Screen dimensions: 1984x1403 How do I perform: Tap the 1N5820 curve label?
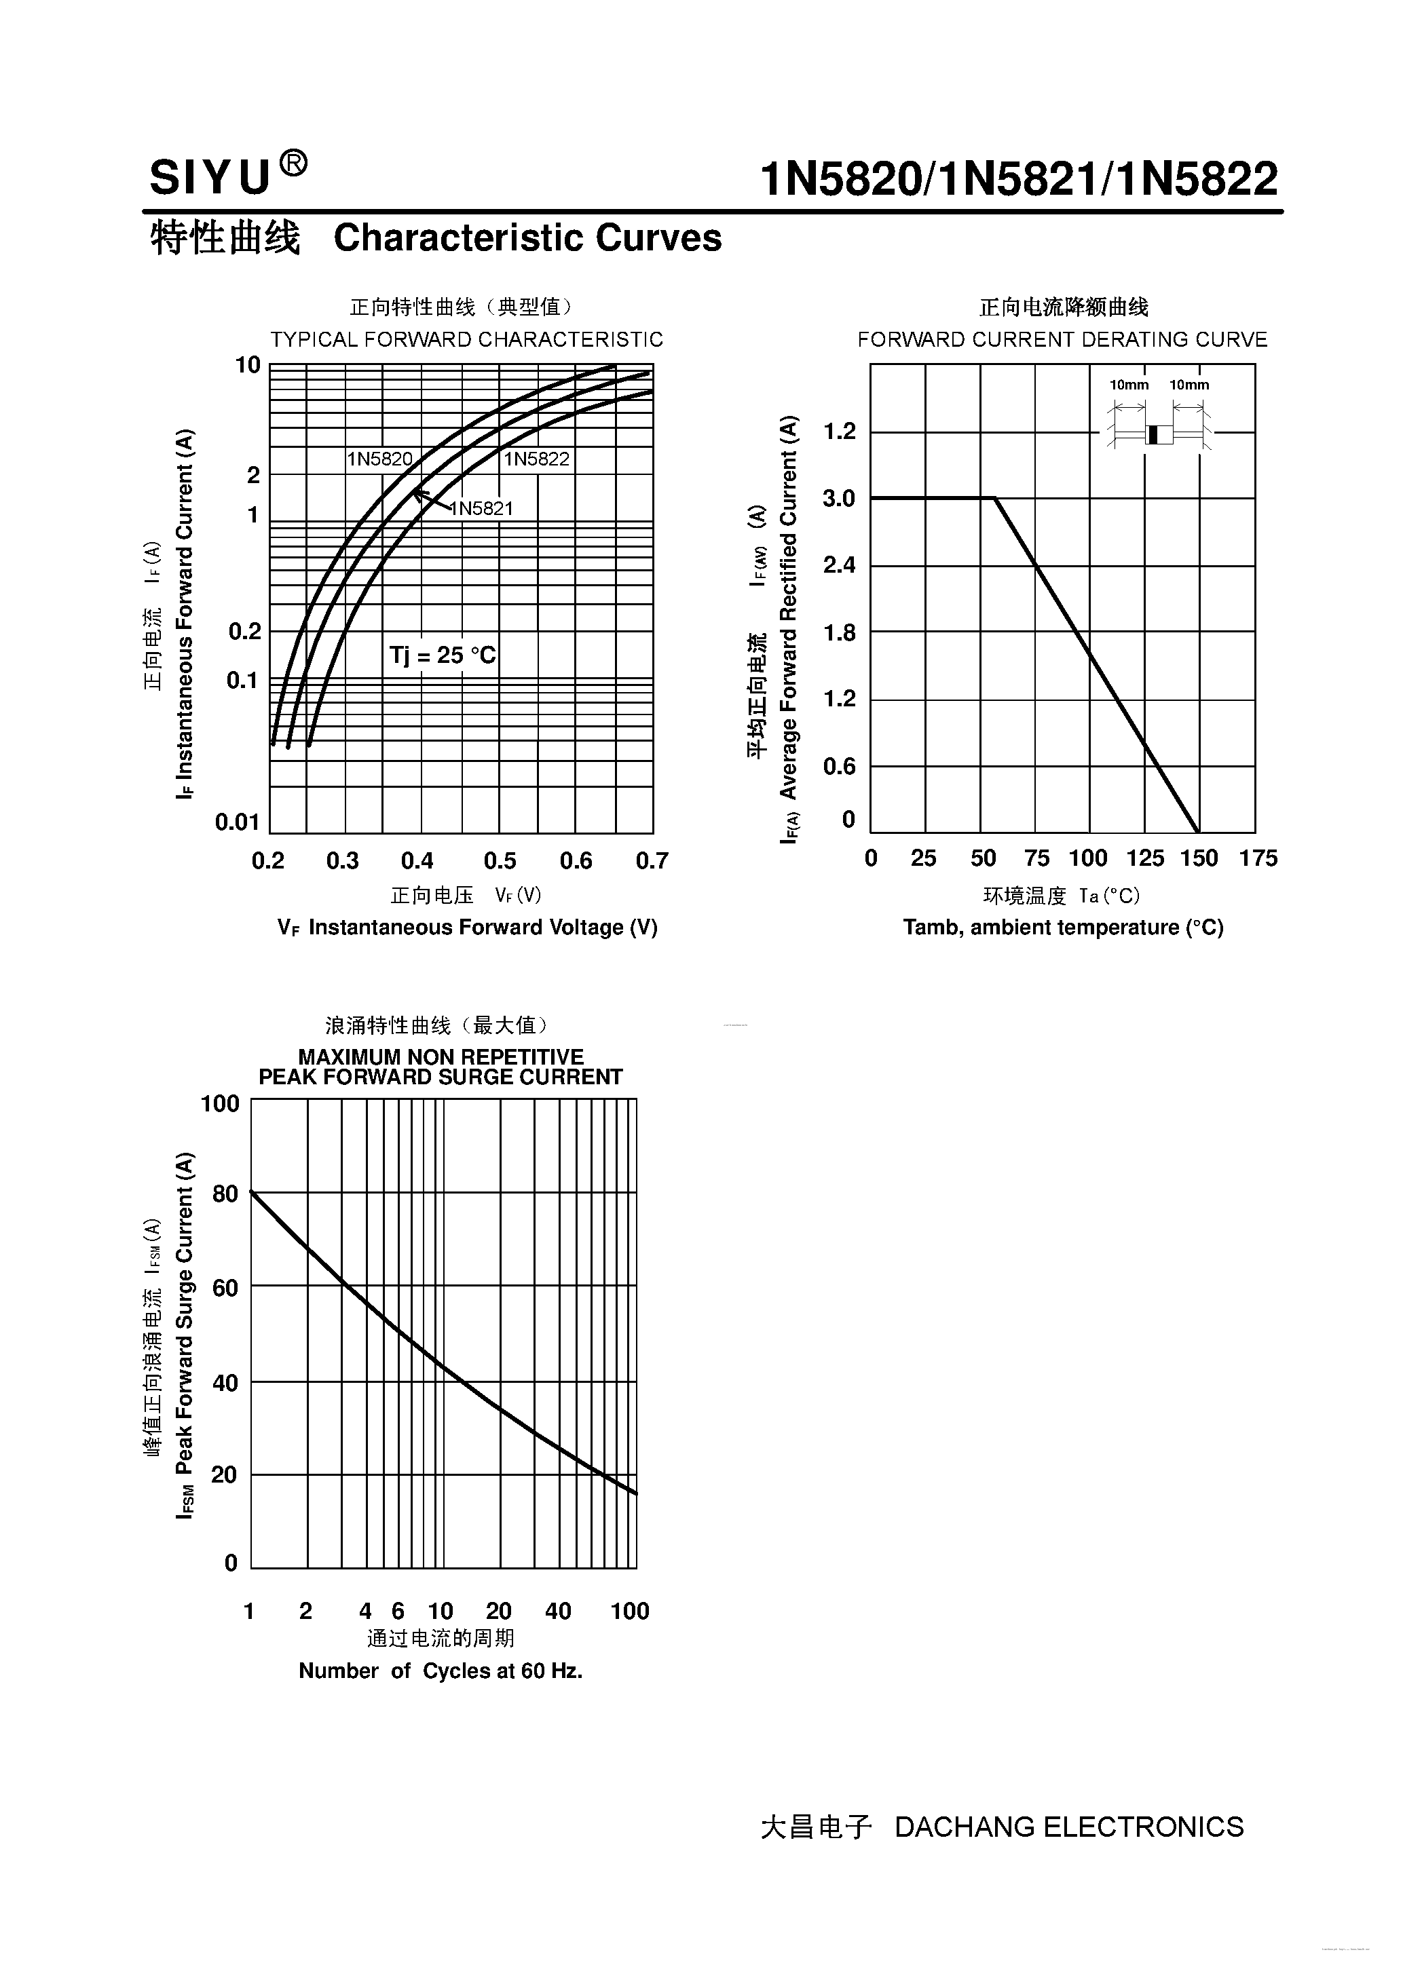pos(379,459)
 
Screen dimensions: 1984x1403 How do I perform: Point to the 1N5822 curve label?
pos(537,459)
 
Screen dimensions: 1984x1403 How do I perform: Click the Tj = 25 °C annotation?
pos(443,655)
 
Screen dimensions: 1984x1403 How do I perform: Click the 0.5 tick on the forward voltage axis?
pos(500,860)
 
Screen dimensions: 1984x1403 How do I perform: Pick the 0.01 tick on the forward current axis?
pos(237,822)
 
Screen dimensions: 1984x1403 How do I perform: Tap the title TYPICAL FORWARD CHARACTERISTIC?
pos(467,339)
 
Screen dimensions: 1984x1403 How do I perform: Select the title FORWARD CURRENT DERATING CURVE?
pos(1062,339)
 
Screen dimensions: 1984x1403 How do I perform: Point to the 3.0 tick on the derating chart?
pos(838,499)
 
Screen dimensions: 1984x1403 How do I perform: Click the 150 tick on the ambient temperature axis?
pos(1199,858)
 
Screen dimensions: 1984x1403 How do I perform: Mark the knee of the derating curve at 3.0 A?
pos(995,498)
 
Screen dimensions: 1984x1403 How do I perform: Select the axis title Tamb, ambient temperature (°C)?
pos(1063,927)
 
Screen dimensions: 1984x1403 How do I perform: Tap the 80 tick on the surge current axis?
pos(225,1194)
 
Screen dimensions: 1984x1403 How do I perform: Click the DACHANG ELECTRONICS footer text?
pos(1069,1827)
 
